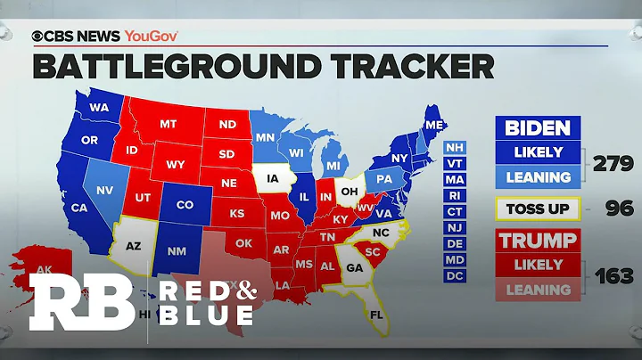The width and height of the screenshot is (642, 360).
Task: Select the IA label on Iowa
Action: tap(271, 178)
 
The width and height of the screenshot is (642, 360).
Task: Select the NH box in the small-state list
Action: tap(455, 146)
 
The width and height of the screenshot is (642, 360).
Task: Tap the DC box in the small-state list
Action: tap(455, 276)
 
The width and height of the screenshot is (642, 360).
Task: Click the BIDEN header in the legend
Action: tap(537, 127)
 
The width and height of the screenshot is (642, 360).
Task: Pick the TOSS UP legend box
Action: tap(537, 209)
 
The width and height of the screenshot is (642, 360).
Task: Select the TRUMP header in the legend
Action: tap(537, 241)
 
